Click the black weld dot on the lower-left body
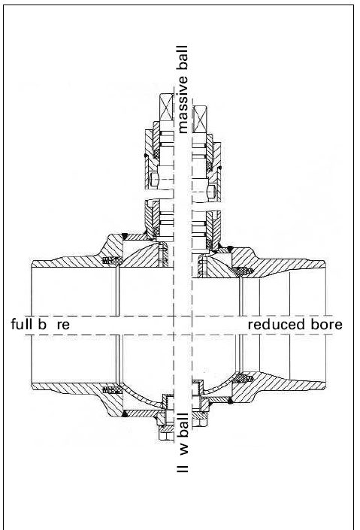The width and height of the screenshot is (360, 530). tap(124, 413)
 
